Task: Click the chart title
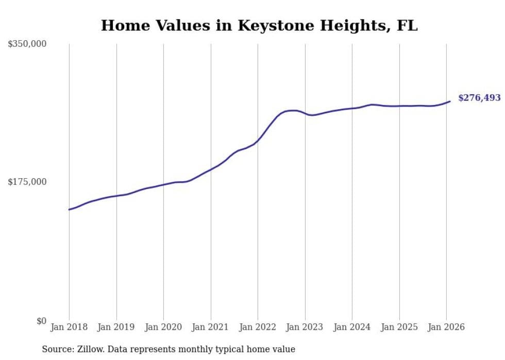tap(259, 25)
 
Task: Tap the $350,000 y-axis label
tap(27, 44)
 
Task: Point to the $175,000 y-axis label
tap(27, 182)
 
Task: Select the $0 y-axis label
tap(41, 321)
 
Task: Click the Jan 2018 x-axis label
tap(69, 328)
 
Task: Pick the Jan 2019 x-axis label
tap(116, 328)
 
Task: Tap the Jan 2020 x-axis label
tap(163, 328)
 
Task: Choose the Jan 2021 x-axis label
tap(211, 328)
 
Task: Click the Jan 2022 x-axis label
tap(258, 328)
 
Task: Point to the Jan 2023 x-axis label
tap(305, 328)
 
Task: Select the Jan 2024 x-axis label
tap(352, 328)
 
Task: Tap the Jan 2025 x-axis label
tap(399, 328)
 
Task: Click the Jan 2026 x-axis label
tap(446, 328)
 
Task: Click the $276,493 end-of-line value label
tap(479, 98)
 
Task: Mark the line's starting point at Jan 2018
tap(69, 210)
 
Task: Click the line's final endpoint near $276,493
tap(450, 101)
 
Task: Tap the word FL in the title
tap(407, 25)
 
